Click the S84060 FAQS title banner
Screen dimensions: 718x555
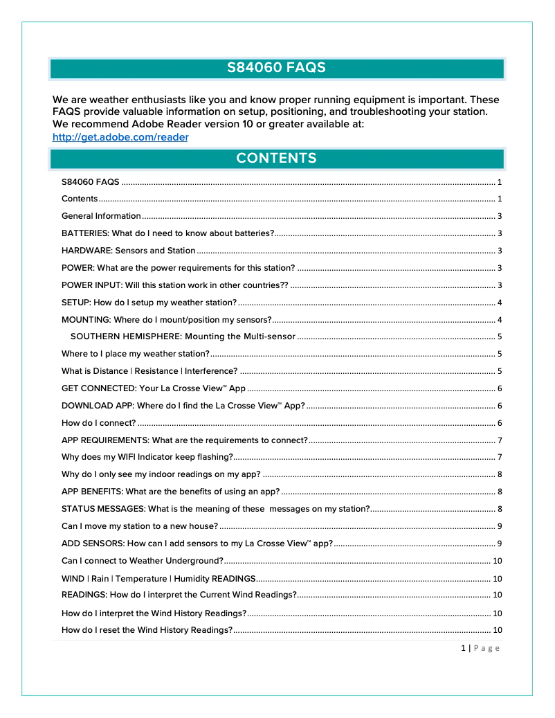(277, 69)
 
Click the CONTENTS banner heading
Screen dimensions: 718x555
(277, 159)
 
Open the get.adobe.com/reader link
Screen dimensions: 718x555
(120, 137)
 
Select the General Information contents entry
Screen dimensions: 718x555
(101, 216)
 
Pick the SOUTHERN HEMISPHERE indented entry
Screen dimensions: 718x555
(183, 336)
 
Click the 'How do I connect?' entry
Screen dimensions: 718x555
(98, 423)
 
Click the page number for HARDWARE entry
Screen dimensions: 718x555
(499, 251)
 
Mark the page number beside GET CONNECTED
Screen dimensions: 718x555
(499, 388)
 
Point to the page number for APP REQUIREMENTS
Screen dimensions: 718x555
(499, 440)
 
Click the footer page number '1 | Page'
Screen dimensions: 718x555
(480, 648)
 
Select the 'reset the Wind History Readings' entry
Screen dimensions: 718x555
(147, 630)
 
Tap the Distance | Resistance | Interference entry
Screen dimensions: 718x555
(149, 371)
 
